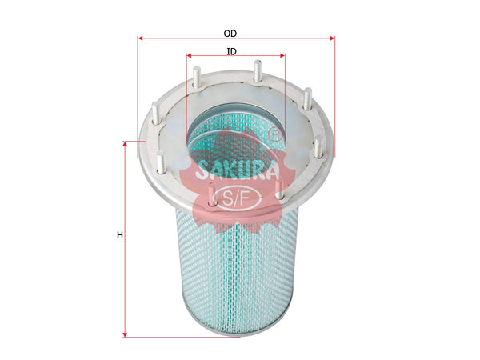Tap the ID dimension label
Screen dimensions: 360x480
[231, 51]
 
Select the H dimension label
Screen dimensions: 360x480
[119, 235]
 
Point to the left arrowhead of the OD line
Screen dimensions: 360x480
[141, 38]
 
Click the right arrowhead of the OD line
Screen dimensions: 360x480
[331, 38]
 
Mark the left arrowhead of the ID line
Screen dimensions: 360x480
[190, 56]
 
